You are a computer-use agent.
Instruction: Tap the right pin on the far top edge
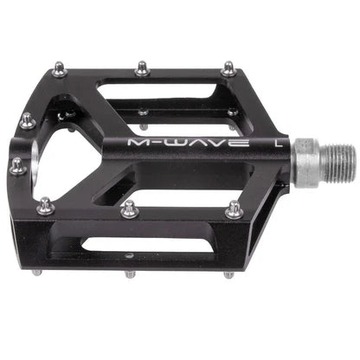point(228,67)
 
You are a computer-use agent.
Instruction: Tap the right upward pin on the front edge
point(235,209)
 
